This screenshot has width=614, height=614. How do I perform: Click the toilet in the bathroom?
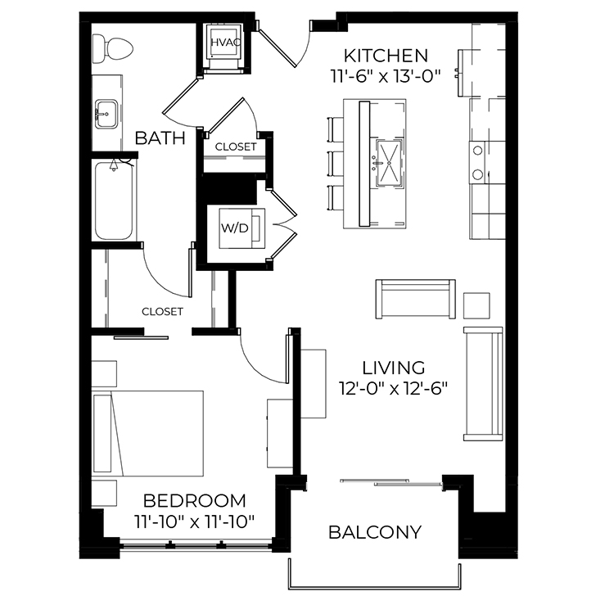point(112,49)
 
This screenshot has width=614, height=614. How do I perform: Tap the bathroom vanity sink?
point(106,114)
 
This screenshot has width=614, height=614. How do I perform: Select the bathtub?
point(114,201)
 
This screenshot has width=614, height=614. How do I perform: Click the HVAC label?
point(225,43)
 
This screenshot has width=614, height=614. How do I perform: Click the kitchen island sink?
point(389,162)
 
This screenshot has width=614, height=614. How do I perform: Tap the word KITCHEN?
point(386,56)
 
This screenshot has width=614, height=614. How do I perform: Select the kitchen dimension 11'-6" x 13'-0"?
point(386,76)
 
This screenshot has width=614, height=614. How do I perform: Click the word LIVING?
point(393,368)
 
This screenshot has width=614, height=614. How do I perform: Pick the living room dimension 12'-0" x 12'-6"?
point(393,389)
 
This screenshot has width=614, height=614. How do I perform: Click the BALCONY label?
point(375,532)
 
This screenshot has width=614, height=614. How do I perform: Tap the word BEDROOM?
point(195,501)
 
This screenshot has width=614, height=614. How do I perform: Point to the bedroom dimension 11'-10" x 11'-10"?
point(195,522)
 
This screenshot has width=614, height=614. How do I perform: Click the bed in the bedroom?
point(147,433)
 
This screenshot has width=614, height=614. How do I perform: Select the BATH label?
point(160,138)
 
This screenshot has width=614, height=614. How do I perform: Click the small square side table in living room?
point(476,305)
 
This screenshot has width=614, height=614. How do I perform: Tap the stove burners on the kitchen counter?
point(477,163)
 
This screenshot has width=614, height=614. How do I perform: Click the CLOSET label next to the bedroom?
point(162,312)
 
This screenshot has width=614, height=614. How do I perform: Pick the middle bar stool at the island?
point(335,164)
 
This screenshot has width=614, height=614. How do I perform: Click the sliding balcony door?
point(391,482)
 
